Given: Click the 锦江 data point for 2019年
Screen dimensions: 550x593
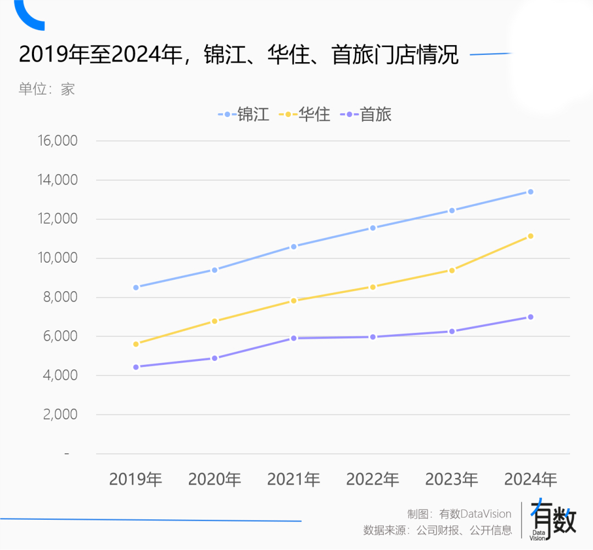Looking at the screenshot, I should coord(136,287).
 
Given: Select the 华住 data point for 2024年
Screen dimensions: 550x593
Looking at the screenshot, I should coord(530,236).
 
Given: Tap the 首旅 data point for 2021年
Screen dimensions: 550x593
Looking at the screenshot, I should coord(294,338).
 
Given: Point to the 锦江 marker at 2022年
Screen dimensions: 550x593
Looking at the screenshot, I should coord(373,227).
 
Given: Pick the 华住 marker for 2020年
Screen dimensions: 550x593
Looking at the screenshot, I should coord(215,321).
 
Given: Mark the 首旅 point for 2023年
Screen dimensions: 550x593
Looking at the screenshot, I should coord(452,331).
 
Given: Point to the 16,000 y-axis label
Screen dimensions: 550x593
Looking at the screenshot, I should coord(58,141).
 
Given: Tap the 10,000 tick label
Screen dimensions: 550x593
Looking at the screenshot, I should coord(58,258).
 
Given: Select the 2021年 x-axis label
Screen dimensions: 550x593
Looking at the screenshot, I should coord(294,479).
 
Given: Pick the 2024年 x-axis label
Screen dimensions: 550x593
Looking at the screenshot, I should coord(530,479).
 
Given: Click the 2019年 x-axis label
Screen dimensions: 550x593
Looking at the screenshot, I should coord(136,479).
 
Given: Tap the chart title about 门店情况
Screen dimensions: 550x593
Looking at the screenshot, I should coord(238,55).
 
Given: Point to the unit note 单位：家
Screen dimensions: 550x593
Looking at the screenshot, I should coord(47,89).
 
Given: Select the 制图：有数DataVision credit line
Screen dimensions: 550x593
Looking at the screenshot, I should coord(459,514).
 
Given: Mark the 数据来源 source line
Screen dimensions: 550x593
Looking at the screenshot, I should coord(437,530).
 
